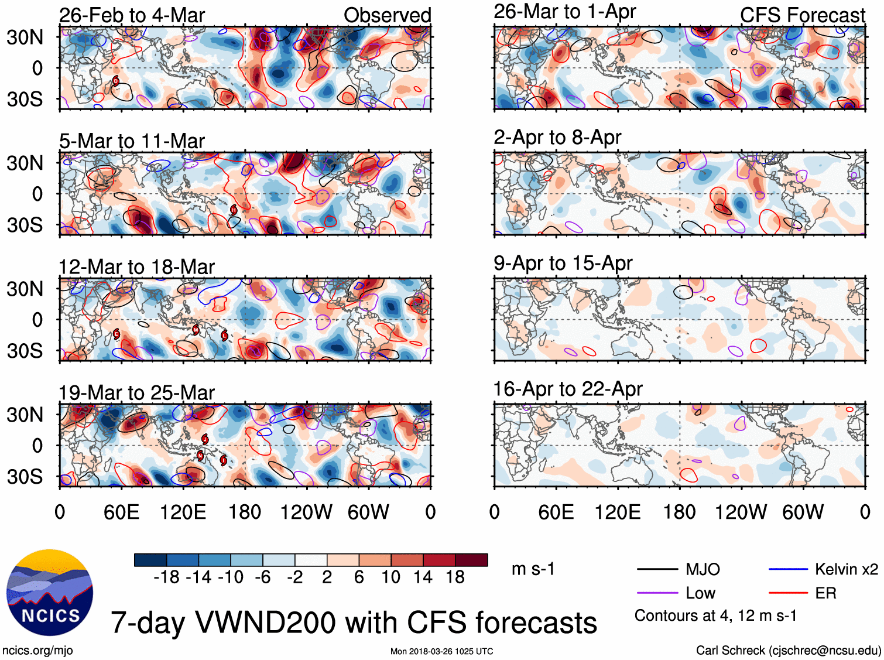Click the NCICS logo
[x=50, y=592]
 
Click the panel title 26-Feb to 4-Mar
[x=132, y=15]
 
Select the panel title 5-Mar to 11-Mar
[x=132, y=141]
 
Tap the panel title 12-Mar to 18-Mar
[x=136, y=267]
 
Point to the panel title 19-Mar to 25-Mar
[x=136, y=393]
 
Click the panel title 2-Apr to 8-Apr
[x=557, y=138]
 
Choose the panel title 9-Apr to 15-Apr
[x=563, y=264]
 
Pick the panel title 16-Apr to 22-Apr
[x=568, y=389]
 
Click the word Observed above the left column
[x=387, y=15]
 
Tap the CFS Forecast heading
[x=802, y=15]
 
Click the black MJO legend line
[x=657, y=569]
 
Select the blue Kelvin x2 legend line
[x=788, y=569]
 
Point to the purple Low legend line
[x=657, y=593]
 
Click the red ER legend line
[x=788, y=593]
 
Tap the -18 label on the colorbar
[x=166, y=577]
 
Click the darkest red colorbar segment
[x=471, y=560]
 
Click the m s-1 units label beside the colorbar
[x=533, y=569]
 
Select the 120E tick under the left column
[x=183, y=512]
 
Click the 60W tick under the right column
[x=803, y=512]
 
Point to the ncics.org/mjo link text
[x=37, y=651]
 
